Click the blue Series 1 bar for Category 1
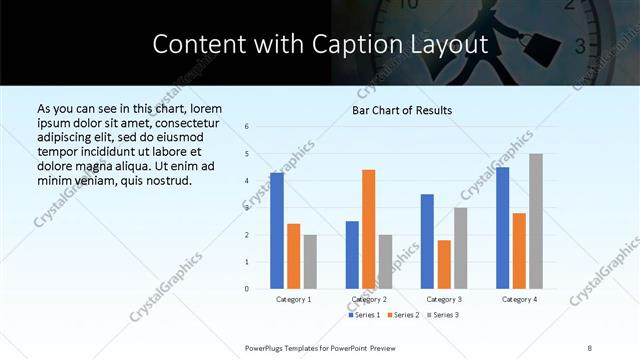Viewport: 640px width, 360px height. coord(277,231)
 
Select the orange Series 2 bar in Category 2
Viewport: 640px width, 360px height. coord(369,229)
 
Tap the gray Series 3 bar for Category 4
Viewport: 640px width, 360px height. coord(536,221)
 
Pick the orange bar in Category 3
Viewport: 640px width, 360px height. coord(444,264)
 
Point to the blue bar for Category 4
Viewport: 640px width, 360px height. coord(503,228)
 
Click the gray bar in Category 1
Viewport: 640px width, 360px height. coord(310,262)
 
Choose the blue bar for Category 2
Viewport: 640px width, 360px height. coord(352,255)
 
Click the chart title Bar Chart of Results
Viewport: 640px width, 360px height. coord(402,110)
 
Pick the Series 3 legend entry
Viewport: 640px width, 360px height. coord(444,315)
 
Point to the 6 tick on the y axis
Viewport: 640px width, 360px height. coord(247,127)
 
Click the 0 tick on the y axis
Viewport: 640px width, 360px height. coord(247,289)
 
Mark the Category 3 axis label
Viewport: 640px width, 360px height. coord(444,299)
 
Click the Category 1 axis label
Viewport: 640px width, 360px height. coord(294,299)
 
